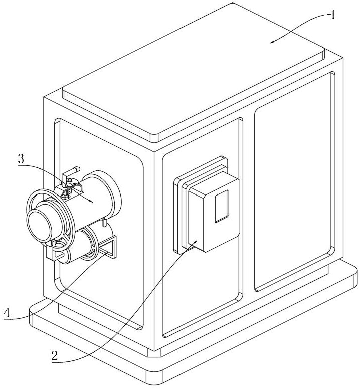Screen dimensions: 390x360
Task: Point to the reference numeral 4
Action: point(7,313)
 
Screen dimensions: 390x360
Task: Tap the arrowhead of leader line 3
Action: point(93,202)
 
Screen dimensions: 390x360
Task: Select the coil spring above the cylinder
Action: point(65,191)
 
